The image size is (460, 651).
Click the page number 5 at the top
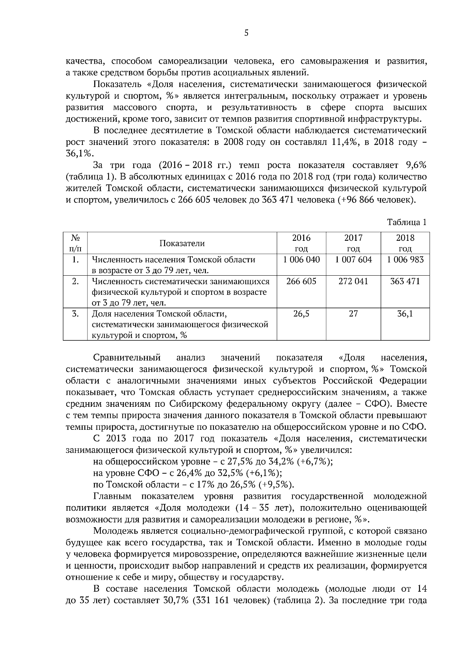coord(246,33)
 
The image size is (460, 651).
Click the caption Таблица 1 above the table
coord(406,222)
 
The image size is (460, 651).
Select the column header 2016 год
coord(301,243)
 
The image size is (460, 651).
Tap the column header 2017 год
coord(353,243)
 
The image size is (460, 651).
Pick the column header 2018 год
coord(405,243)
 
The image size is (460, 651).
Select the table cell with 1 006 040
coord(301,260)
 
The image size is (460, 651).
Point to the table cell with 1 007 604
coord(353,260)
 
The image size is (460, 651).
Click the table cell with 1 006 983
coord(405,260)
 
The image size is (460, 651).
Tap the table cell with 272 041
coord(353,282)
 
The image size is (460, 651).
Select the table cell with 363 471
coord(405,282)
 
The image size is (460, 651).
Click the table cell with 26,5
coord(301,314)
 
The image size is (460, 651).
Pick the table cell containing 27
coord(353,314)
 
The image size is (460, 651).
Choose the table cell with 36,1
coord(405,314)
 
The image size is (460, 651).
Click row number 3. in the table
coord(75,314)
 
